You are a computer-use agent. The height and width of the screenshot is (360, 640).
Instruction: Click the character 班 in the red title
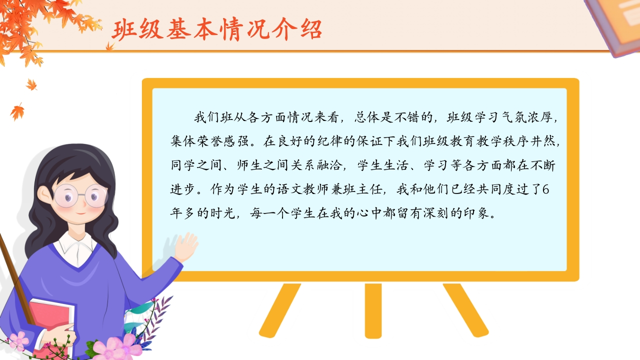tap(123, 29)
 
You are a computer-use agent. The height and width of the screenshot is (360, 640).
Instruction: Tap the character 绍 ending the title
tap(311, 29)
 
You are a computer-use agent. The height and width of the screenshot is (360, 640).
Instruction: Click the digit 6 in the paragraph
tap(545, 189)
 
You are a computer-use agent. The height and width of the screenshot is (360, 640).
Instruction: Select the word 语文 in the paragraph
tap(288, 189)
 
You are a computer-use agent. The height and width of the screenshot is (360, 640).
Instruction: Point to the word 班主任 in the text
tap(363, 189)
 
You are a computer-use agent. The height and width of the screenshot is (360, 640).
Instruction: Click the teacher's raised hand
tap(186, 247)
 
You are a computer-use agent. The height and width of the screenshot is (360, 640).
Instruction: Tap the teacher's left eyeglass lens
tap(66, 196)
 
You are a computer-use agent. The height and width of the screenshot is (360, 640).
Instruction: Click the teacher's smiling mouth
tap(81, 213)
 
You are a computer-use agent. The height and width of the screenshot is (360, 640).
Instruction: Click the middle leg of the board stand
tap(373, 311)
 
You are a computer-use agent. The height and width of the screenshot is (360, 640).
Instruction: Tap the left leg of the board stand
tap(280, 310)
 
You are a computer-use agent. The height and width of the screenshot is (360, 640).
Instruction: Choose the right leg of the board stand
tap(465, 310)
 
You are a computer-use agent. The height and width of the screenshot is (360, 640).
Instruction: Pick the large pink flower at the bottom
tap(117, 348)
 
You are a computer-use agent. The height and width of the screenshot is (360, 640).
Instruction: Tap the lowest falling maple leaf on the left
tap(17, 111)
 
